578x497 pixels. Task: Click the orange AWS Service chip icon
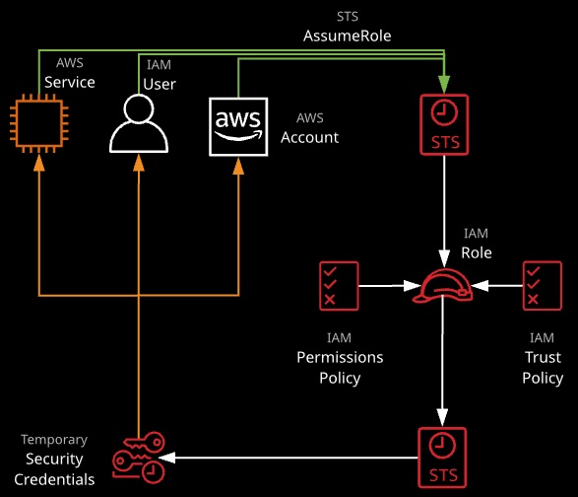39,123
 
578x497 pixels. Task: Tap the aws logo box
238,126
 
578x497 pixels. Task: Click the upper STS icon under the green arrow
444,125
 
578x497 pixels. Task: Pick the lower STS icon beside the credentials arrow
442,458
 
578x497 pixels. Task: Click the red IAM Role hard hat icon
442,286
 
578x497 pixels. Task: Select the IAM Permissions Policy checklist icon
339,286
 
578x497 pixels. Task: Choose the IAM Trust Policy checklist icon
543,286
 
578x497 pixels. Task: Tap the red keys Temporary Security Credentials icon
139,458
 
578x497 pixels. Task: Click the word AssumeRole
348,35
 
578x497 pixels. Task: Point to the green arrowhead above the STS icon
444,84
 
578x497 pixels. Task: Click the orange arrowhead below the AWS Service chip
39,163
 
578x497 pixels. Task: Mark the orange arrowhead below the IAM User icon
139,163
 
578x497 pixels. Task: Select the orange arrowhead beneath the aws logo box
238,166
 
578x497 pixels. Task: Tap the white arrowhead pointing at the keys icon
166,458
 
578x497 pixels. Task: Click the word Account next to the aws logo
309,137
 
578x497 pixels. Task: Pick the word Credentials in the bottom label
54,479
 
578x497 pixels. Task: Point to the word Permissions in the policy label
340,357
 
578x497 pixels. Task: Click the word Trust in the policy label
543,357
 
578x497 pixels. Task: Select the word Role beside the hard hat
477,252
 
